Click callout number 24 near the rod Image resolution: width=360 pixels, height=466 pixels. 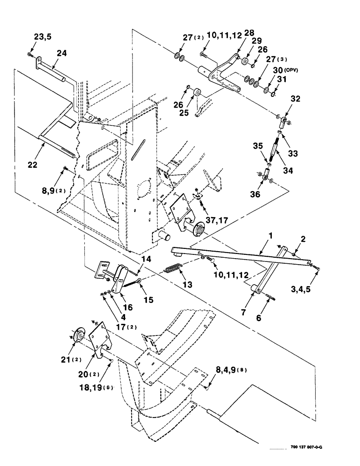point(62,54)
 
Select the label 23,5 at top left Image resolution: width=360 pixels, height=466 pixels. point(43,37)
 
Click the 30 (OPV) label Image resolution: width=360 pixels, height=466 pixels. point(285,70)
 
